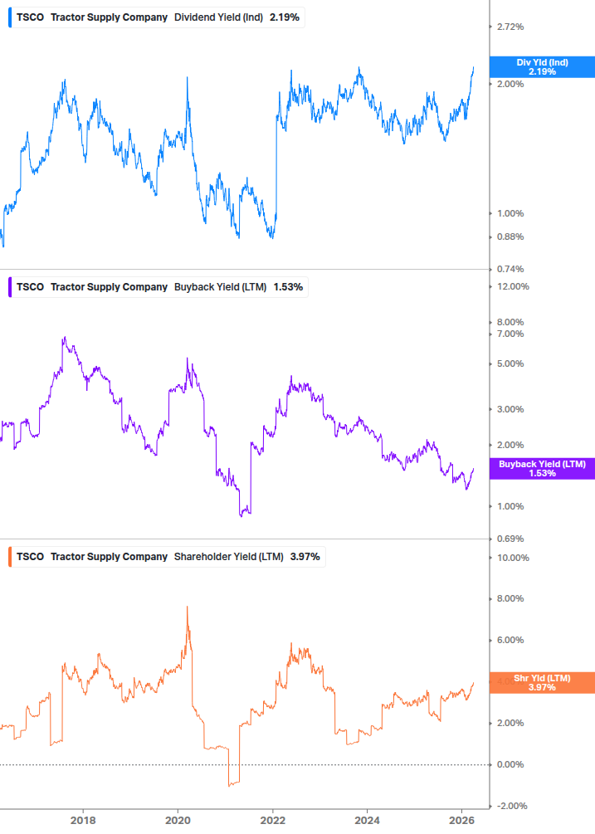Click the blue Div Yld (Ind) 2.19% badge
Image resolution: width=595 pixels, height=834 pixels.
pos(542,67)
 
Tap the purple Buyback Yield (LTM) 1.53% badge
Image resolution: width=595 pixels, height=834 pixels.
pos(542,468)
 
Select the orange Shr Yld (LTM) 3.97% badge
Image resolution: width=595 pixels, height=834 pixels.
pos(542,682)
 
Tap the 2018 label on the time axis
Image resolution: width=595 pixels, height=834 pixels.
pos(83,821)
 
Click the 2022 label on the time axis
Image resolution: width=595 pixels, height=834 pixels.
pos(274,821)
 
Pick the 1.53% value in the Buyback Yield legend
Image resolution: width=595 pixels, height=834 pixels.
pos(288,287)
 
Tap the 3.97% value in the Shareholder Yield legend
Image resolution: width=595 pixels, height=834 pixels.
pos(305,556)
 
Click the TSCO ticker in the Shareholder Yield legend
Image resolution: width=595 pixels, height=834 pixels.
pos(31,556)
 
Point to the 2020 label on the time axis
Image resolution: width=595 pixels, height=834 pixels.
pos(178,821)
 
